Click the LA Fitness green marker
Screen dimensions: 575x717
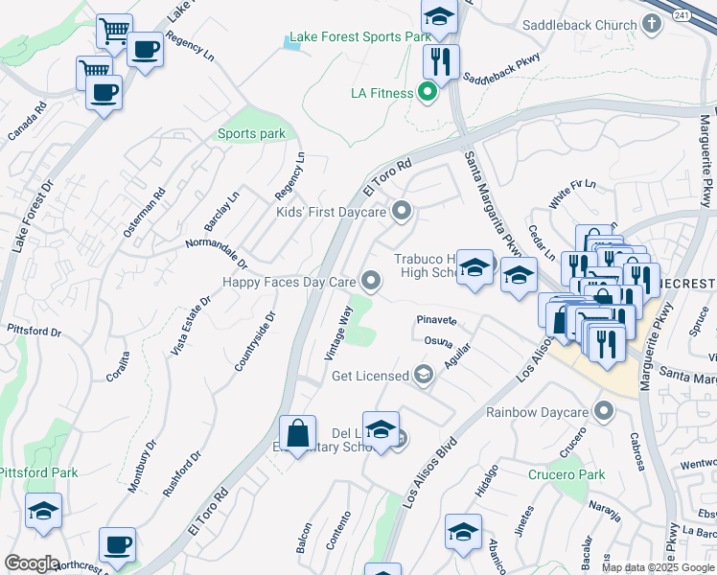428,93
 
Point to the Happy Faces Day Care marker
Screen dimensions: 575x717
371,281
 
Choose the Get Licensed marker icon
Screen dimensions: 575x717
422,376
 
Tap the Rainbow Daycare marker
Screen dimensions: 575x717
603,412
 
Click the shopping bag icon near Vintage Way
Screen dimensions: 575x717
298,433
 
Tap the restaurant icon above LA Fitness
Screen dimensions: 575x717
441,62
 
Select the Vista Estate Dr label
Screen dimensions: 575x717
191,326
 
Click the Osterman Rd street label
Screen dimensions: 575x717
145,212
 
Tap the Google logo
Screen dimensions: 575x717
32,563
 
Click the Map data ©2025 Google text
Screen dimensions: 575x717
657,567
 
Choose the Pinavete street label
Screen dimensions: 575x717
436,319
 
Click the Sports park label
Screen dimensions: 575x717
251,134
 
